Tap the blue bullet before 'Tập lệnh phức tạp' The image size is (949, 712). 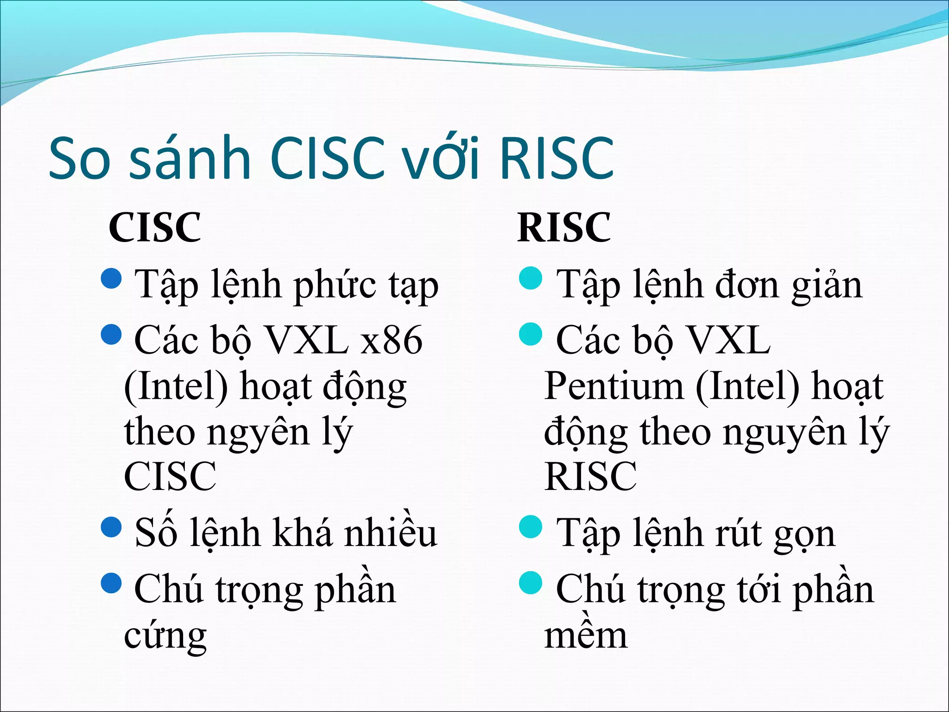[111, 278]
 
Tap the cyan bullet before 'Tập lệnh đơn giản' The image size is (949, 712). [531, 278]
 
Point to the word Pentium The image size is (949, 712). [614, 386]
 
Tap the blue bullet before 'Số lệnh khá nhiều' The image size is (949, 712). [111, 527]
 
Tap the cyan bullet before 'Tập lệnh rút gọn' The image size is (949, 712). [531, 527]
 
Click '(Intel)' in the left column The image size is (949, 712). [176, 386]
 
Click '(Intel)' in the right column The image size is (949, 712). [747, 386]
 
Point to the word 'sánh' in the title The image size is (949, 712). [190, 159]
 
